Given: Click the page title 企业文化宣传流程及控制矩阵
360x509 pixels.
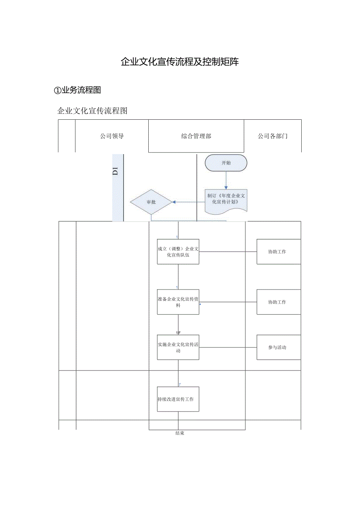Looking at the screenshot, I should pos(180,62).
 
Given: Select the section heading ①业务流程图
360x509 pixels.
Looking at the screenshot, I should pos(77,90).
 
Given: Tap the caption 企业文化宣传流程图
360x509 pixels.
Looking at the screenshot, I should pos(92,111).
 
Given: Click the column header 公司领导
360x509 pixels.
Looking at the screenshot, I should pos(112,136).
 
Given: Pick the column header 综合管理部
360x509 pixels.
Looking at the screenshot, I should pos(196,136).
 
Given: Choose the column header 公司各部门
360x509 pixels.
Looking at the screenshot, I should pos(272,136).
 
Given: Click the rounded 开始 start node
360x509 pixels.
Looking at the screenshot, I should pos(226,163).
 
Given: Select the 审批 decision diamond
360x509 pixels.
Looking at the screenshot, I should pos(151,202).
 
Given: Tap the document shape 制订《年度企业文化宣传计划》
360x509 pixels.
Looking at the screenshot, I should pos(226,199).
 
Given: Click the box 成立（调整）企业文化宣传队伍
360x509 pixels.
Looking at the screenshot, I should pos(178,252).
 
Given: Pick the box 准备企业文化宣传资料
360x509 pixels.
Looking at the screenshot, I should pos(178,302).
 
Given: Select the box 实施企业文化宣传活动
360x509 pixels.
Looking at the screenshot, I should pos(178,347).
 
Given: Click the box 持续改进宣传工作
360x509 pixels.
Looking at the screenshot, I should pos(178,399).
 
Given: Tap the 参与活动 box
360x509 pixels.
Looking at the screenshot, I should pos(278,347).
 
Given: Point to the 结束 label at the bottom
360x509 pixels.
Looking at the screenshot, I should pos(180,433).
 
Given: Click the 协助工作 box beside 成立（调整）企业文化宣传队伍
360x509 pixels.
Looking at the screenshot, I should pos(278,252).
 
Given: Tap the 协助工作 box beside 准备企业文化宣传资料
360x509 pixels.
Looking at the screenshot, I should pos(278,302).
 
